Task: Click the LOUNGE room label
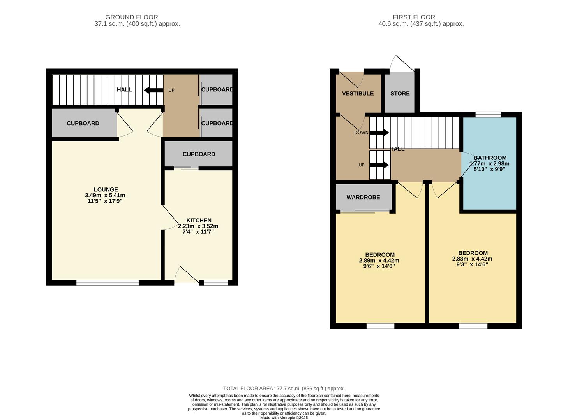[x=106, y=190]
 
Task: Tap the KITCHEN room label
[x=199, y=220]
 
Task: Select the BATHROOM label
[x=490, y=158]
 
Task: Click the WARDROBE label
[x=363, y=197]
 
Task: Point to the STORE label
[x=400, y=93]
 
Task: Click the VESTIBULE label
[x=358, y=93]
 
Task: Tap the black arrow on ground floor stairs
[x=153, y=90]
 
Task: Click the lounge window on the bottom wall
[x=108, y=283]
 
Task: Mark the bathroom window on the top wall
[x=488, y=114]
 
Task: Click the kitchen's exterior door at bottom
[x=186, y=275]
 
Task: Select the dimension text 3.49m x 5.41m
[x=105, y=195]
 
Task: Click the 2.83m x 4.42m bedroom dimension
[x=472, y=259]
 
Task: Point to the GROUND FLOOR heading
[x=132, y=17]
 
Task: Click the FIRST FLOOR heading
[x=414, y=17]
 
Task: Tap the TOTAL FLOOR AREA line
[x=284, y=388]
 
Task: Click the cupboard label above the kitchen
[x=199, y=154]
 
